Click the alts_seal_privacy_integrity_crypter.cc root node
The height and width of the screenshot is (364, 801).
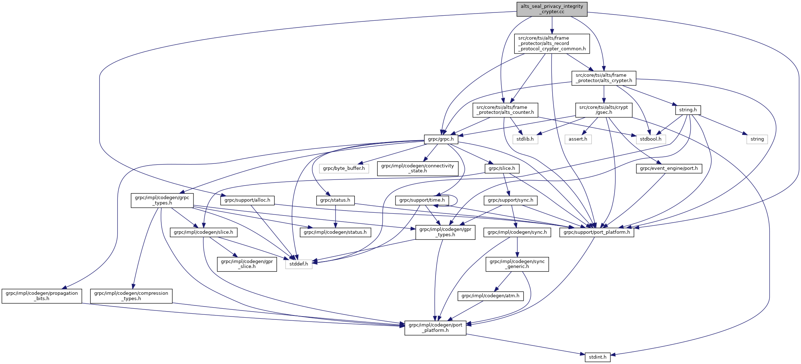tap(552, 9)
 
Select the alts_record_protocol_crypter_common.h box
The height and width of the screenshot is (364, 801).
tap(552, 44)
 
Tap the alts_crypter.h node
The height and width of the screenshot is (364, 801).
tap(604, 78)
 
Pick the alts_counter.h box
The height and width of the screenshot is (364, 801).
tap(505, 110)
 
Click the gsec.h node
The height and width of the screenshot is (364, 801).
tap(604, 110)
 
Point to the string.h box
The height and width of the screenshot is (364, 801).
tap(688, 110)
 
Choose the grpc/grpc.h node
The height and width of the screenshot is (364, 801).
tap(441, 139)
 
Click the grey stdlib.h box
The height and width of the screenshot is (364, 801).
tap(525, 139)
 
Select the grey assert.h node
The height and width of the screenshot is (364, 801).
tap(578, 139)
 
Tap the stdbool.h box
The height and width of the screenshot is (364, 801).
tap(650, 139)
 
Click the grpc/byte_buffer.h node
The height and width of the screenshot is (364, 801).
tap(344, 168)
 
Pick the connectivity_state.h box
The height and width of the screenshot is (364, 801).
tap(418, 168)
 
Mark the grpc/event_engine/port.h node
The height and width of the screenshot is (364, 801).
tap(669, 168)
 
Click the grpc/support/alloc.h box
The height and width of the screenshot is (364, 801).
tap(247, 200)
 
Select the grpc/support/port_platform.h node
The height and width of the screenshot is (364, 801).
tap(597, 232)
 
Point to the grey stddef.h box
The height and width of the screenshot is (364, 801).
tap(299, 264)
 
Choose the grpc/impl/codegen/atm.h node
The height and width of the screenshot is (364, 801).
tap(490, 296)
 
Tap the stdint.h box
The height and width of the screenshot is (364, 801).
tap(598, 357)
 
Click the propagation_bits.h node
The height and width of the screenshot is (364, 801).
tap(42, 296)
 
